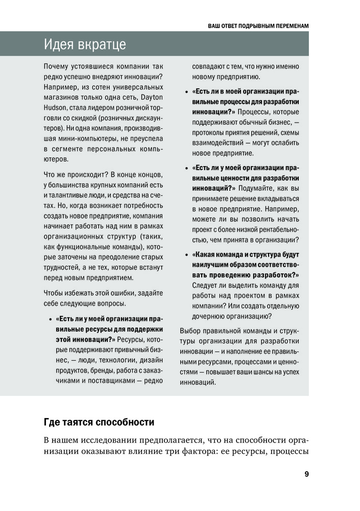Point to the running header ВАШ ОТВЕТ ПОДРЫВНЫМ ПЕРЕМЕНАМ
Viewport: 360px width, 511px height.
pos(259,25)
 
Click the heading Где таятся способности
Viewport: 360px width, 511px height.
pos(99,423)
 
